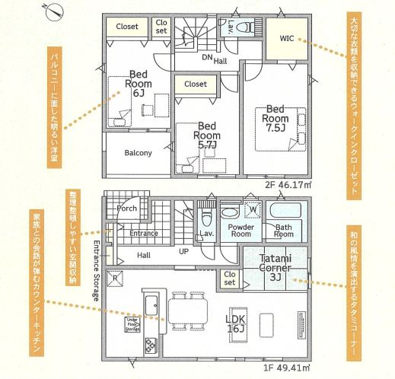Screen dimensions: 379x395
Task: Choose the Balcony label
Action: [138, 152]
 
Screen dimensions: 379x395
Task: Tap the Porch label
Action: [126, 208]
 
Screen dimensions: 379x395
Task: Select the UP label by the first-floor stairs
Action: [183, 251]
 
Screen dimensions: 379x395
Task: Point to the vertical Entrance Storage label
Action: [97, 271]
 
